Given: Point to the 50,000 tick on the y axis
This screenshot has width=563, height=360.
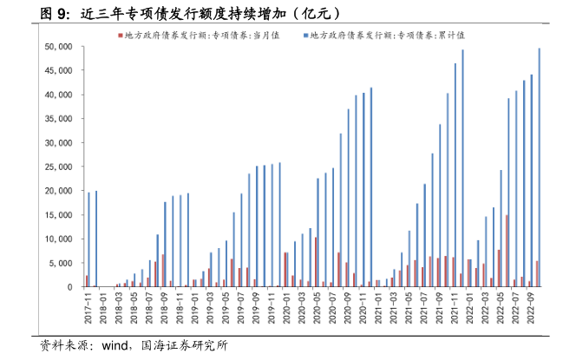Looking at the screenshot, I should [59, 46].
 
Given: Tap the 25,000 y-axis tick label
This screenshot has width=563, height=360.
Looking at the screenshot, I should [59, 167].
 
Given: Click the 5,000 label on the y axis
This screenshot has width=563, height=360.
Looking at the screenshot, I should [62, 263].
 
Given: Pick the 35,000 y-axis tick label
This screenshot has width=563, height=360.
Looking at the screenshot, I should [59, 119].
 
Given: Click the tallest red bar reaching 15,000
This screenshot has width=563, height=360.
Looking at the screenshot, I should [507, 251].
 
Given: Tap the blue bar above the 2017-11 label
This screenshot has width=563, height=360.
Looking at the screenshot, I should [88, 239].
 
